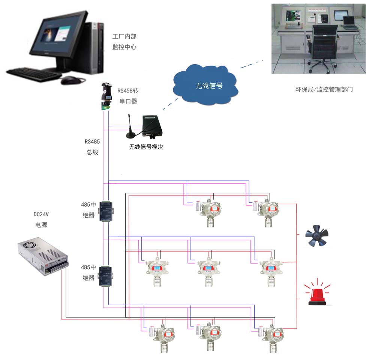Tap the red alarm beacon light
(x=318, y=294)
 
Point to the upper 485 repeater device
(x=106, y=212)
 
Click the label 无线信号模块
(x=146, y=147)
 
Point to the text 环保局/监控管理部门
(x=324, y=90)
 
